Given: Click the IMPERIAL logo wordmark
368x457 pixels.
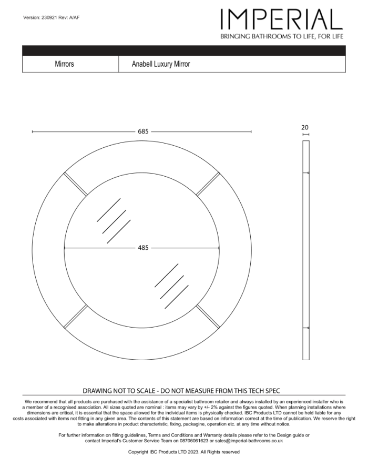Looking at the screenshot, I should click(281, 20).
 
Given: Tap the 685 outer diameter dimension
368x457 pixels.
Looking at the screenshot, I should click(143, 131).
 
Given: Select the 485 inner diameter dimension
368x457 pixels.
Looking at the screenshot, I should click(143, 248).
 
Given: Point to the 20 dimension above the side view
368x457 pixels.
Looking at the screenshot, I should click(305, 127).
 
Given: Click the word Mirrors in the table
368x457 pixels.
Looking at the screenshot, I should click(64, 64).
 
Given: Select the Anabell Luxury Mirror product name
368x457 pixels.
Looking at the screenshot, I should click(161, 64).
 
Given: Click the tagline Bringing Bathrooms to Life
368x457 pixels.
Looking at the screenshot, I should click(281, 37).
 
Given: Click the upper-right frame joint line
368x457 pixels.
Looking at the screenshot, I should click(208, 184).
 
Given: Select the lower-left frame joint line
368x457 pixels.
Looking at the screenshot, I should click(75, 316).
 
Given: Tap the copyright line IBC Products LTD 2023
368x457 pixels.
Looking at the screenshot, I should click(183, 452).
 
